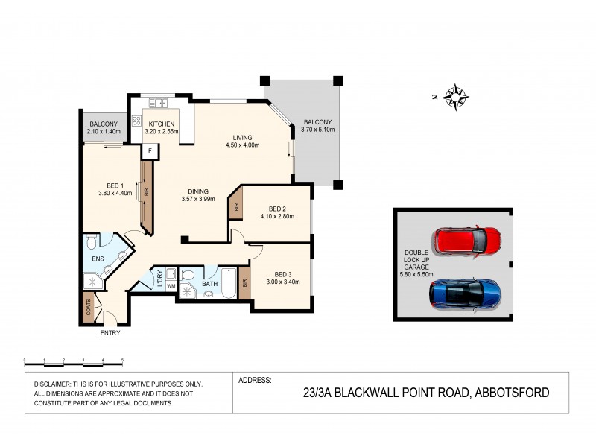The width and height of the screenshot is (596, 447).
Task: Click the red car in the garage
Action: pyautogui.click(x=469, y=241)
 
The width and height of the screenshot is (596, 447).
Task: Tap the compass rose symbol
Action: pyautogui.click(x=454, y=96)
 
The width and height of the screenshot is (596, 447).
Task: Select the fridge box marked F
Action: pyautogui.click(x=150, y=150)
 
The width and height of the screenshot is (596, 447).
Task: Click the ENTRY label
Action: pyautogui.click(x=110, y=333)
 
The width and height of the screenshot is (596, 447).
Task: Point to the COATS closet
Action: pyautogui.click(x=88, y=309)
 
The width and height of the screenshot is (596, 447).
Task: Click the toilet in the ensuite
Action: pyautogui.click(x=91, y=241)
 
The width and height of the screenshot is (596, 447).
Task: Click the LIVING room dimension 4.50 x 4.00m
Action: pyautogui.click(x=242, y=146)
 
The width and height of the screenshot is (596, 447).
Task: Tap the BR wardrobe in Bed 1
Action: pyautogui.click(x=147, y=191)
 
